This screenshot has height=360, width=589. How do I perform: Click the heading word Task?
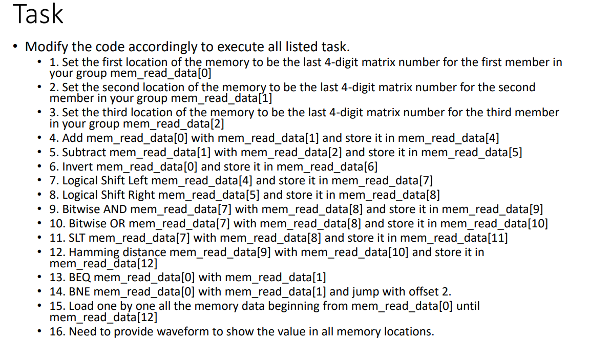pos(38,14)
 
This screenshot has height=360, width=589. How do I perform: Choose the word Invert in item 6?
pos(78,166)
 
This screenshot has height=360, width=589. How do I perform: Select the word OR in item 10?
pos(115,223)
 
